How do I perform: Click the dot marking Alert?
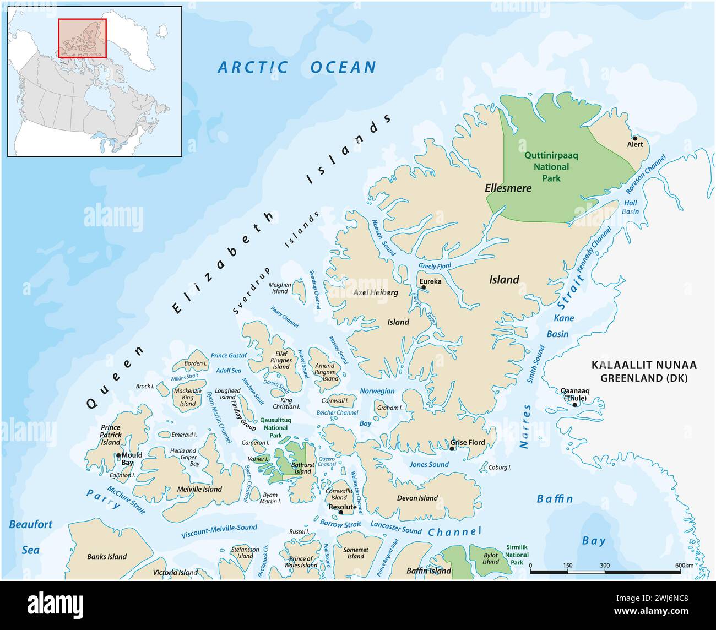click(635, 138)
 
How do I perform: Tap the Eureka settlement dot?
click(423, 287)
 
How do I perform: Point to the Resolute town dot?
click(341, 512)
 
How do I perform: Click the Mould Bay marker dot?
click(118, 455)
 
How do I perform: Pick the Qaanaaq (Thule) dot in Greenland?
click(575, 405)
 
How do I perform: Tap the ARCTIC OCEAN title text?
click(297, 68)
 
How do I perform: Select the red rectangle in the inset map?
click(82, 38)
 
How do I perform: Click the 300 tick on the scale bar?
click(605, 565)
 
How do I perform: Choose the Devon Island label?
click(417, 498)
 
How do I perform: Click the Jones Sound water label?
click(429, 465)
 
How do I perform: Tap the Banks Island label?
click(107, 557)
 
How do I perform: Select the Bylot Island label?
click(490, 558)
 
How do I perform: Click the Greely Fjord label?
click(435, 265)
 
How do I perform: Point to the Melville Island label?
click(199, 489)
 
